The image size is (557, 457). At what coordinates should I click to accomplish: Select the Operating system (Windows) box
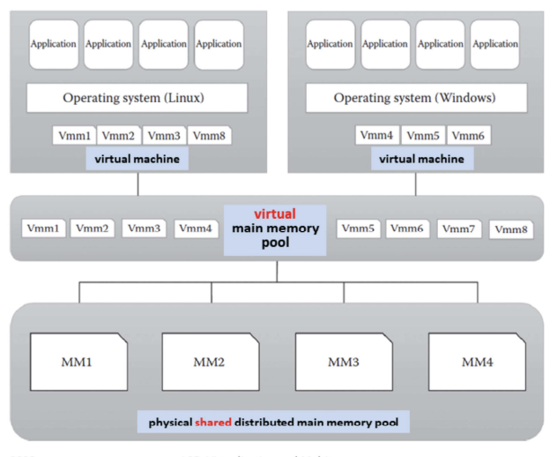(x=415, y=97)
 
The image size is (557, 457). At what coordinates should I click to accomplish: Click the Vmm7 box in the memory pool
(x=458, y=228)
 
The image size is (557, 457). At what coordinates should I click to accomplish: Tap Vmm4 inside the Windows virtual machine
(x=378, y=136)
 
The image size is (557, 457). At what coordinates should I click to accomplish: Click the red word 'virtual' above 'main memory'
(x=274, y=214)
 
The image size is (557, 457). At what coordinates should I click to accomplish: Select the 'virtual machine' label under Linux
(x=132, y=159)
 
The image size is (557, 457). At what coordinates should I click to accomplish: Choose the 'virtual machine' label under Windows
(x=421, y=159)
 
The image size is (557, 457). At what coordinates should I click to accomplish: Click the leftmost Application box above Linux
(x=54, y=44)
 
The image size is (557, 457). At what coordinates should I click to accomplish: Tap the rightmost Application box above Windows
(x=494, y=44)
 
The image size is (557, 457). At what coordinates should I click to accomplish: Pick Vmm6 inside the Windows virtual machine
(x=469, y=136)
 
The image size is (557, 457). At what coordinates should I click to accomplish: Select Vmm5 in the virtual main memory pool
(x=356, y=228)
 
